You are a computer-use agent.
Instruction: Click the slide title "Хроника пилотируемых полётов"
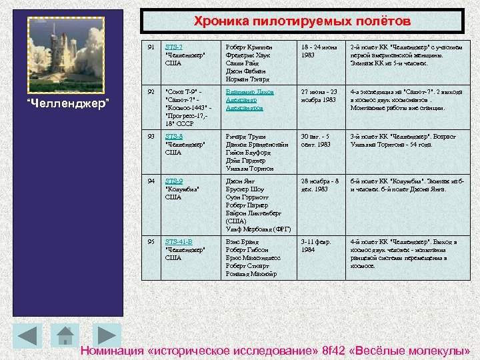tap(303, 21)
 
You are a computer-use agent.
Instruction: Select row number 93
tap(151, 137)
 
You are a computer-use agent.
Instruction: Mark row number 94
tap(151, 181)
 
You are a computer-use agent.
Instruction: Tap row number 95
tap(151, 242)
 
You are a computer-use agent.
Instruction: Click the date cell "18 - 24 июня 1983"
tap(320, 51)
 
